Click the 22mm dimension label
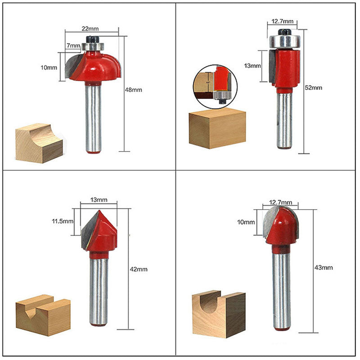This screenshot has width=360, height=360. (90, 29)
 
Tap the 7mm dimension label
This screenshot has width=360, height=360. (73, 45)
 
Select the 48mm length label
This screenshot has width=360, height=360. (133, 90)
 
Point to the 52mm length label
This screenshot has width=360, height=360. (313, 88)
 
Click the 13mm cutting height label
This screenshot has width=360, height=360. (252, 66)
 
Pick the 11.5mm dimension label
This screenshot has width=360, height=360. (63, 221)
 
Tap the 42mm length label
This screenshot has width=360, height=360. (139, 269)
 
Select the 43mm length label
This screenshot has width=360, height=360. (324, 267)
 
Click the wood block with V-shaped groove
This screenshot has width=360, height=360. (43, 315)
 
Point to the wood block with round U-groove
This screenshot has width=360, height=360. (219, 314)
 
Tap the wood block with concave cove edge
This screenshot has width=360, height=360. (39, 143)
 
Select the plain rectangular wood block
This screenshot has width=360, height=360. (217, 129)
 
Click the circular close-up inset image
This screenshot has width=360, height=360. (215, 86)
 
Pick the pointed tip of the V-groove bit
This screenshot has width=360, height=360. (99, 210)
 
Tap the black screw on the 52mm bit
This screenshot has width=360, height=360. (285, 31)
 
